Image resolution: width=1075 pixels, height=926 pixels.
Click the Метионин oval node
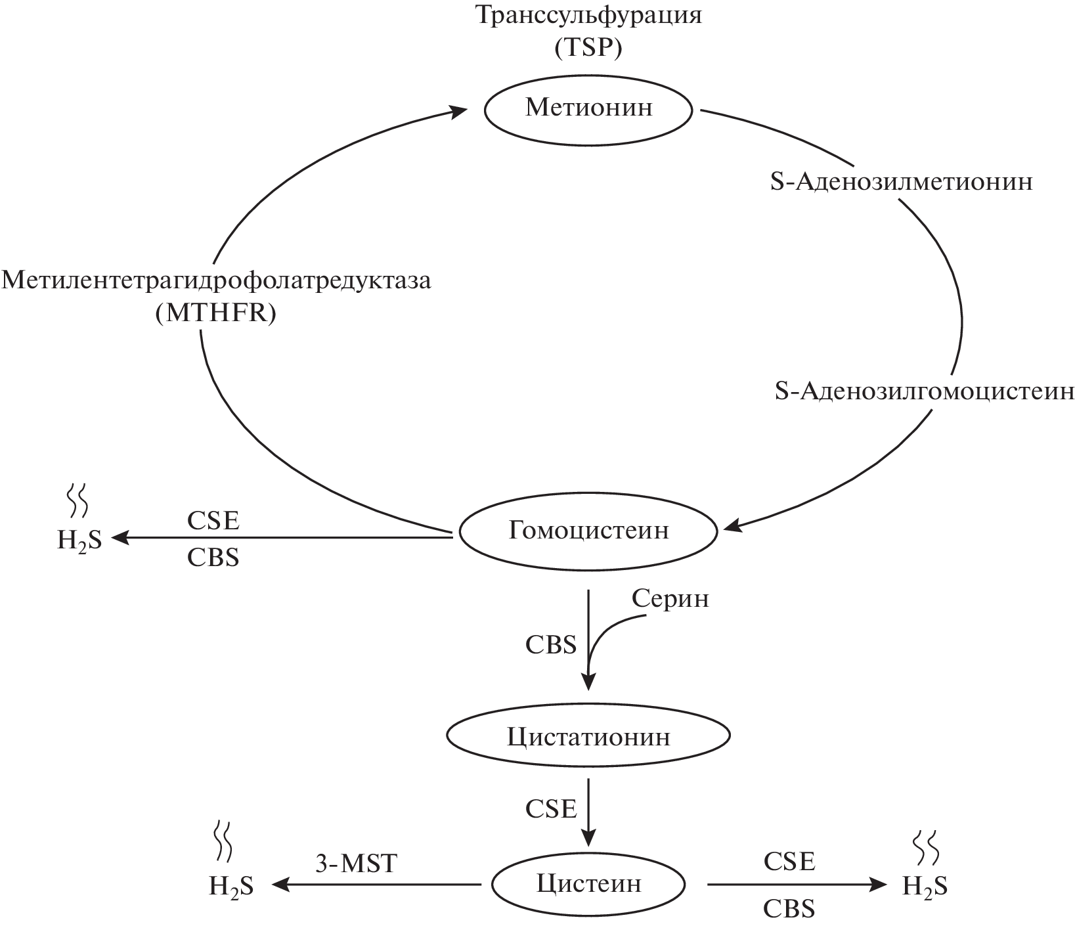click(x=588, y=108)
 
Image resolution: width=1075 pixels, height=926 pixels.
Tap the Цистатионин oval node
click(x=588, y=737)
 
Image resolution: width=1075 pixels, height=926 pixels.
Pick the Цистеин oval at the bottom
click(x=588, y=884)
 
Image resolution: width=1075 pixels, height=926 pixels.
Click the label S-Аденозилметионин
click(x=901, y=182)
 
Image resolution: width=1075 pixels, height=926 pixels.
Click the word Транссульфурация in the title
click(x=588, y=16)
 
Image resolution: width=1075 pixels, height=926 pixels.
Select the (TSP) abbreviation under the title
click(x=588, y=49)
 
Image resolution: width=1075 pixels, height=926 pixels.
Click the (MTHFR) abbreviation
click(x=215, y=314)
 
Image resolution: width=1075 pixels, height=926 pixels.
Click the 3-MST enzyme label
click(x=357, y=863)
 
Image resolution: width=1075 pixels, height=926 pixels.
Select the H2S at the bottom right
click(x=925, y=887)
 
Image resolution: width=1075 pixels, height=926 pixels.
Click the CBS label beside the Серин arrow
click(x=550, y=645)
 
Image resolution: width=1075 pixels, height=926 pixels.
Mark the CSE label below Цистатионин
click(x=550, y=809)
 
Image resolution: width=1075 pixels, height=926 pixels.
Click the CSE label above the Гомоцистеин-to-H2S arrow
click(x=213, y=521)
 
